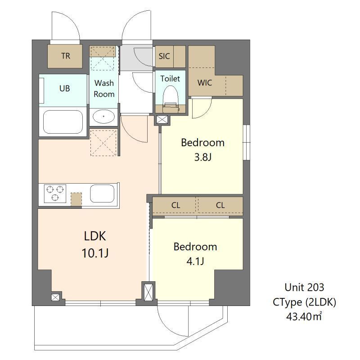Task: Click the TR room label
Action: coord(66,56)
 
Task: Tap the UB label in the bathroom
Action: coord(64,88)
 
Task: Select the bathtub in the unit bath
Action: coord(63,122)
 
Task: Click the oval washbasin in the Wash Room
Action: coord(104,117)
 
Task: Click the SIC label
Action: coord(164,56)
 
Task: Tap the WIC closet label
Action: coord(205,83)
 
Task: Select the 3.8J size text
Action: coord(203,157)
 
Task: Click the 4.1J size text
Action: coord(195,261)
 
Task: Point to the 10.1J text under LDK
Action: coord(95,253)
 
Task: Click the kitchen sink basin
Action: coord(102,193)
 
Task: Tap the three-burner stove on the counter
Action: coord(55,193)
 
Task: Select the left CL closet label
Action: coord(175,205)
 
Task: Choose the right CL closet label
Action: coord(220,205)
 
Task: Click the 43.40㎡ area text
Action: coord(304,316)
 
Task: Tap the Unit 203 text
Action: coord(304,287)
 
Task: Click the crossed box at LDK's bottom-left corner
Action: coord(55,297)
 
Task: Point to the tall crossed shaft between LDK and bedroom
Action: coord(148,292)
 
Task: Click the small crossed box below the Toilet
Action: coord(162,120)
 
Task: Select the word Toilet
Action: coord(170,78)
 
